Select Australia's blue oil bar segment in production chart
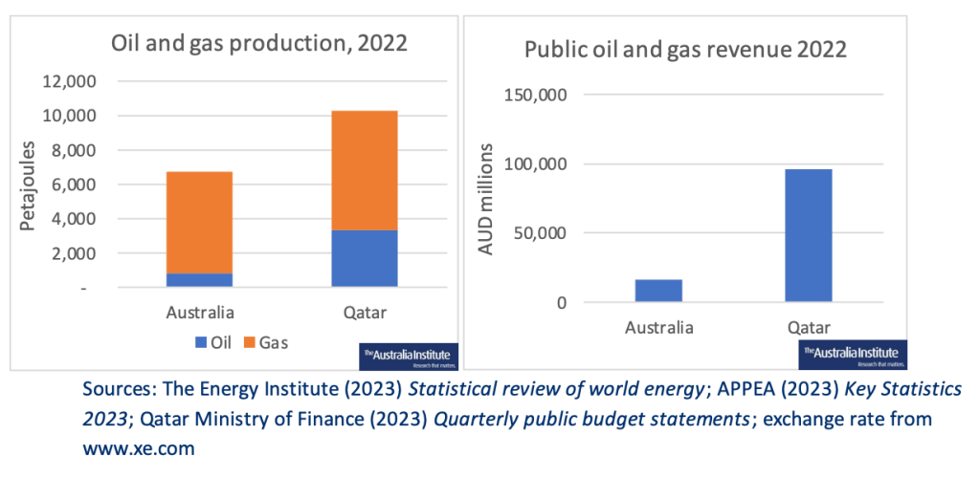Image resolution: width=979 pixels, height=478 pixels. (x=199, y=279)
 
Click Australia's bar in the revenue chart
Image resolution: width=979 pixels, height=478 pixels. (x=659, y=291)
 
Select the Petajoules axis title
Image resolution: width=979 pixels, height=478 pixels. (x=30, y=185)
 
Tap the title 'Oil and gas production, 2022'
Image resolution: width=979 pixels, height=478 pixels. (x=259, y=42)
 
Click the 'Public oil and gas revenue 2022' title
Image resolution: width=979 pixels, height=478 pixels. (x=685, y=49)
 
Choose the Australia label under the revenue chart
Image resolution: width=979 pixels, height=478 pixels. (x=659, y=328)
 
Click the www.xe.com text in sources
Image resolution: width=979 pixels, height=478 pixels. (x=140, y=446)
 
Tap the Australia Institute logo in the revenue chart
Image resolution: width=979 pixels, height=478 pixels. (x=852, y=356)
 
